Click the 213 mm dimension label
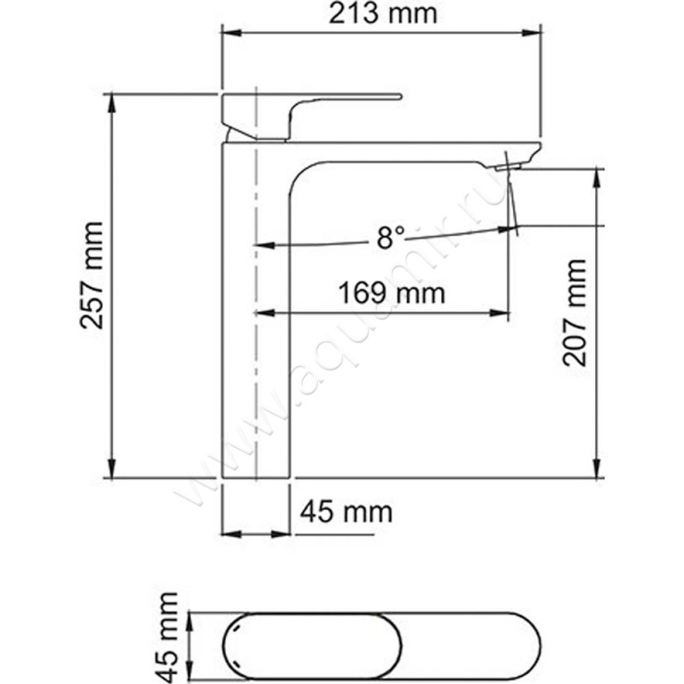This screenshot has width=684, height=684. [x=382, y=14]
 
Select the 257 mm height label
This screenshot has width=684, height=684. [x=92, y=275]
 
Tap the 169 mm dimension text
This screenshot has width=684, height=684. [x=392, y=292]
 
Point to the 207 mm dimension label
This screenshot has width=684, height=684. [x=574, y=312]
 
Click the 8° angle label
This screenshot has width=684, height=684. [x=392, y=238]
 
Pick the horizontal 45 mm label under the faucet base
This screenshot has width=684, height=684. [x=346, y=511]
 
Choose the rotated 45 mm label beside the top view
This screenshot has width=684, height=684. [x=168, y=637]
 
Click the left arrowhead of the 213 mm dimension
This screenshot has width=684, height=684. [x=231, y=33]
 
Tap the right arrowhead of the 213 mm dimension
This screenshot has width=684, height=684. [x=532, y=33]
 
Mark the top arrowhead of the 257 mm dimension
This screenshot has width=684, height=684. [x=112, y=103]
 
